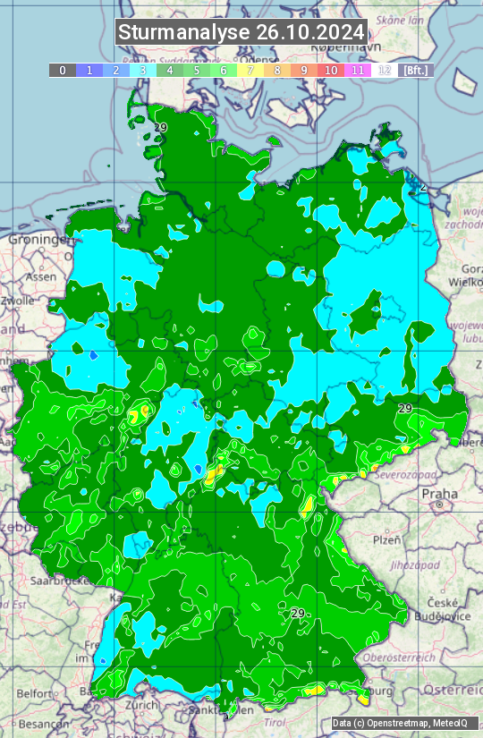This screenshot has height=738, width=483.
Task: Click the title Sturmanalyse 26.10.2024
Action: [x=241, y=32]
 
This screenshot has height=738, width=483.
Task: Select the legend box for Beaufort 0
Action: [x=63, y=70]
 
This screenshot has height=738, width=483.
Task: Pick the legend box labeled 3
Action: [x=143, y=70]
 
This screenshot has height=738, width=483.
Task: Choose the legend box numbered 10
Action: [x=331, y=70]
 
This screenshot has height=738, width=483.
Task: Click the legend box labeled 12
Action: [x=385, y=70]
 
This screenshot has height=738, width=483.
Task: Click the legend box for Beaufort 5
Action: [x=197, y=70]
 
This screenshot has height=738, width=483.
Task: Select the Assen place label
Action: [x=40, y=277]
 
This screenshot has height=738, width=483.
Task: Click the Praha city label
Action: [x=440, y=494]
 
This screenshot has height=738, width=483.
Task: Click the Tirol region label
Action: [x=273, y=722]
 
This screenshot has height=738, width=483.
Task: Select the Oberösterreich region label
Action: [x=422, y=657]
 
